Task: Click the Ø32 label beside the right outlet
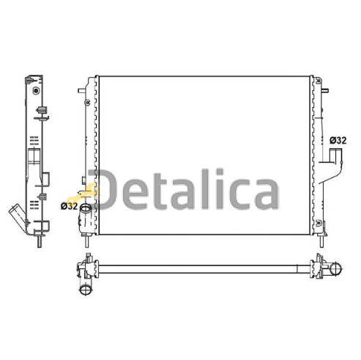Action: click(338, 140)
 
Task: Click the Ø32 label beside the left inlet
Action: click(69, 206)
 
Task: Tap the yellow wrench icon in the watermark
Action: click(83, 193)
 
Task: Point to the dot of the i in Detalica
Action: click(220, 172)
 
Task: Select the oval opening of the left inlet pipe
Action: click(86, 208)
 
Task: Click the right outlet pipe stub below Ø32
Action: click(336, 156)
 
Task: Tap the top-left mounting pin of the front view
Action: click(82, 91)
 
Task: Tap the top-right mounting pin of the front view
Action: click(325, 91)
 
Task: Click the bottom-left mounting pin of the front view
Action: click(86, 241)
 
